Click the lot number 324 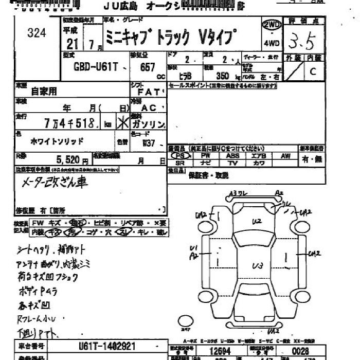click(x=37, y=33)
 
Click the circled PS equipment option click(x=179, y=155)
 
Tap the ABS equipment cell click(x=232, y=155)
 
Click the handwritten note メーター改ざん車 click(x=55, y=182)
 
